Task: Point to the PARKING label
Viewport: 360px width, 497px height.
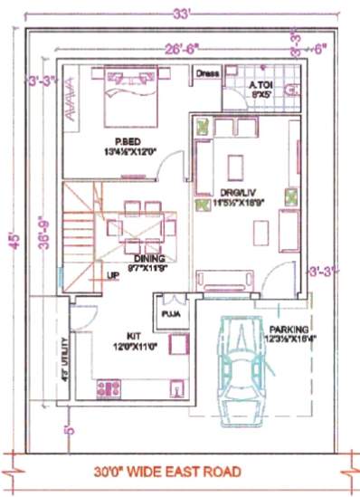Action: (289, 329)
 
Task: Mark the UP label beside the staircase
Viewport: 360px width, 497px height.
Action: (114, 275)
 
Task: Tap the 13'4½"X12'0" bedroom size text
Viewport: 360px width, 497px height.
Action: (127, 152)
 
